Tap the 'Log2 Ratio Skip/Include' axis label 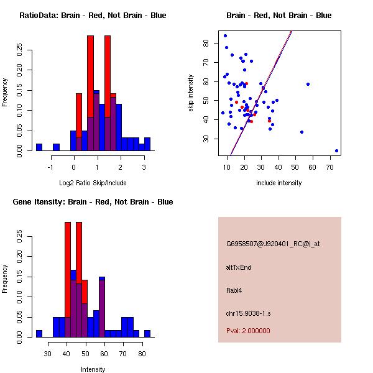click(93, 183)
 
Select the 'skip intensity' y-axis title click(191, 93)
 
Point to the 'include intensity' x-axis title click(279, 183)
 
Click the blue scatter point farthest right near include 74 click(336, 150)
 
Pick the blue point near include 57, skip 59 click(308, 84)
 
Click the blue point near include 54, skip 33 click(302, 132)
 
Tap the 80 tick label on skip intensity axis click(206, 44)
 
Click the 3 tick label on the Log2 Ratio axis click(144, 167)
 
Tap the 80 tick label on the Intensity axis click(142, 353)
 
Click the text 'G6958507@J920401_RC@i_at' click(273, 244)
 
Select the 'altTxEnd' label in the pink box click(239, 267)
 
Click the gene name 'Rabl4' click(234, 290)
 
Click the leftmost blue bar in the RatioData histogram click(39, 147)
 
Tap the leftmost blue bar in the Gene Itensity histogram click(39, 333)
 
